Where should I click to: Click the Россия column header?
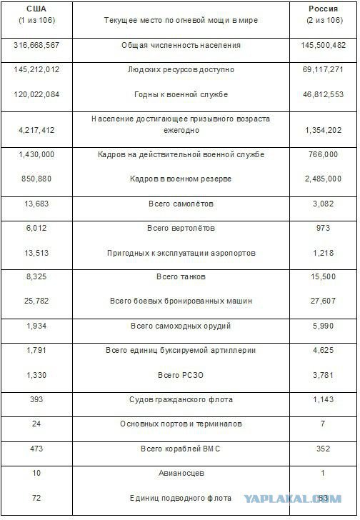[x=319, y=7]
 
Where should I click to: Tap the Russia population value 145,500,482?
[x=320, y=46]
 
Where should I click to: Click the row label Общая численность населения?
[x=180, y=46]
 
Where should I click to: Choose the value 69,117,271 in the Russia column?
[x=320, y=70]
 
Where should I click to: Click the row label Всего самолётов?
[x=180, y=204]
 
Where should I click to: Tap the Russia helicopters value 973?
[x=320, y=229]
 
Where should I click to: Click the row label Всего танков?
[x=180, y=276]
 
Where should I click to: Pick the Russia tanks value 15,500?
[x=320, y=276]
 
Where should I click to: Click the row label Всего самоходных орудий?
[x=180, y=326]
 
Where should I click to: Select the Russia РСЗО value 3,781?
[x=320, y=375]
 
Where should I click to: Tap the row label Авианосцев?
[x=180, y=473]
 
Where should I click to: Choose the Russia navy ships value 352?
[x=320, y=449]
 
